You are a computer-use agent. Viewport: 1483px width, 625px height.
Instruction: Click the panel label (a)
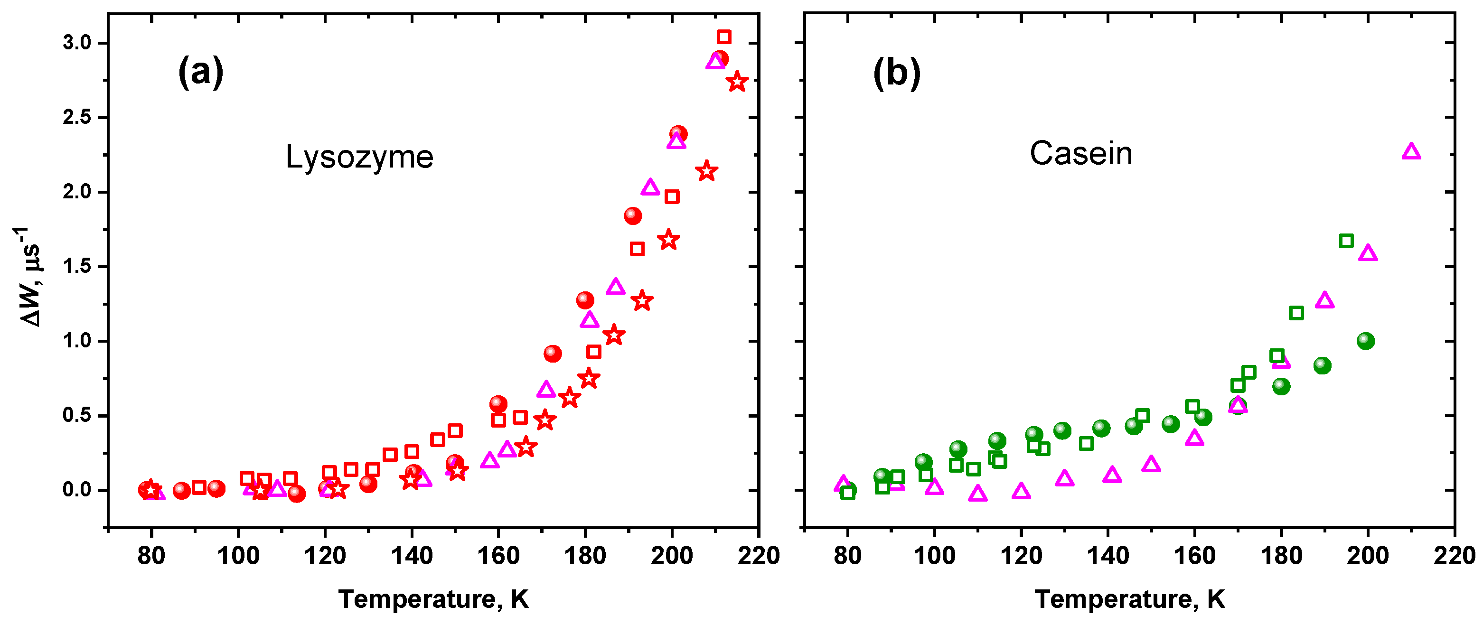pos(200,73)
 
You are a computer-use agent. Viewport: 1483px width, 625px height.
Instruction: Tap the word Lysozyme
pos(359,157)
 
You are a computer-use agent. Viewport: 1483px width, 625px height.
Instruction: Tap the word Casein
pos(1080,154)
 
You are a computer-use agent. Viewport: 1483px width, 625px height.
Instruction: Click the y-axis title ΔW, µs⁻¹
pos(29,276)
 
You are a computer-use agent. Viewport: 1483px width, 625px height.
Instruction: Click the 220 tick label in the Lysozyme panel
pos(759,556)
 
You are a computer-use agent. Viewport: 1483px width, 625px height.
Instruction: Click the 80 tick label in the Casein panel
pos(847,556)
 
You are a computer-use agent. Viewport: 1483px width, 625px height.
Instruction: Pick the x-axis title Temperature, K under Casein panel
pos(1129,599)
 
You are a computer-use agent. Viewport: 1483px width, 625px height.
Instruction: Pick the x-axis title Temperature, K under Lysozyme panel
pos(433,599)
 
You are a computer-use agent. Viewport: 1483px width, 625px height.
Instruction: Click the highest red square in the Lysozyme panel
pos(723,37)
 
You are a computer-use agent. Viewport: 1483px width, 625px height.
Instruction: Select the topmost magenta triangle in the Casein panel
pos(1411,152)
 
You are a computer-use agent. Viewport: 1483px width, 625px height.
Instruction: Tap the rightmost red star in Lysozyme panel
pos(737,82)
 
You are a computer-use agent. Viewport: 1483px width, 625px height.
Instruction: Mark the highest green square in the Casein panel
pos(1346,241)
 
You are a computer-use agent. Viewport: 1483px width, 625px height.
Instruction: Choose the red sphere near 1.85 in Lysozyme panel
pos(633,216)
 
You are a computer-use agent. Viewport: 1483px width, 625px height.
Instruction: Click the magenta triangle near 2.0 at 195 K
pos(650,187)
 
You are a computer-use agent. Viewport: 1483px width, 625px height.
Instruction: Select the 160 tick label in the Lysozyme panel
pos(498,556)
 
